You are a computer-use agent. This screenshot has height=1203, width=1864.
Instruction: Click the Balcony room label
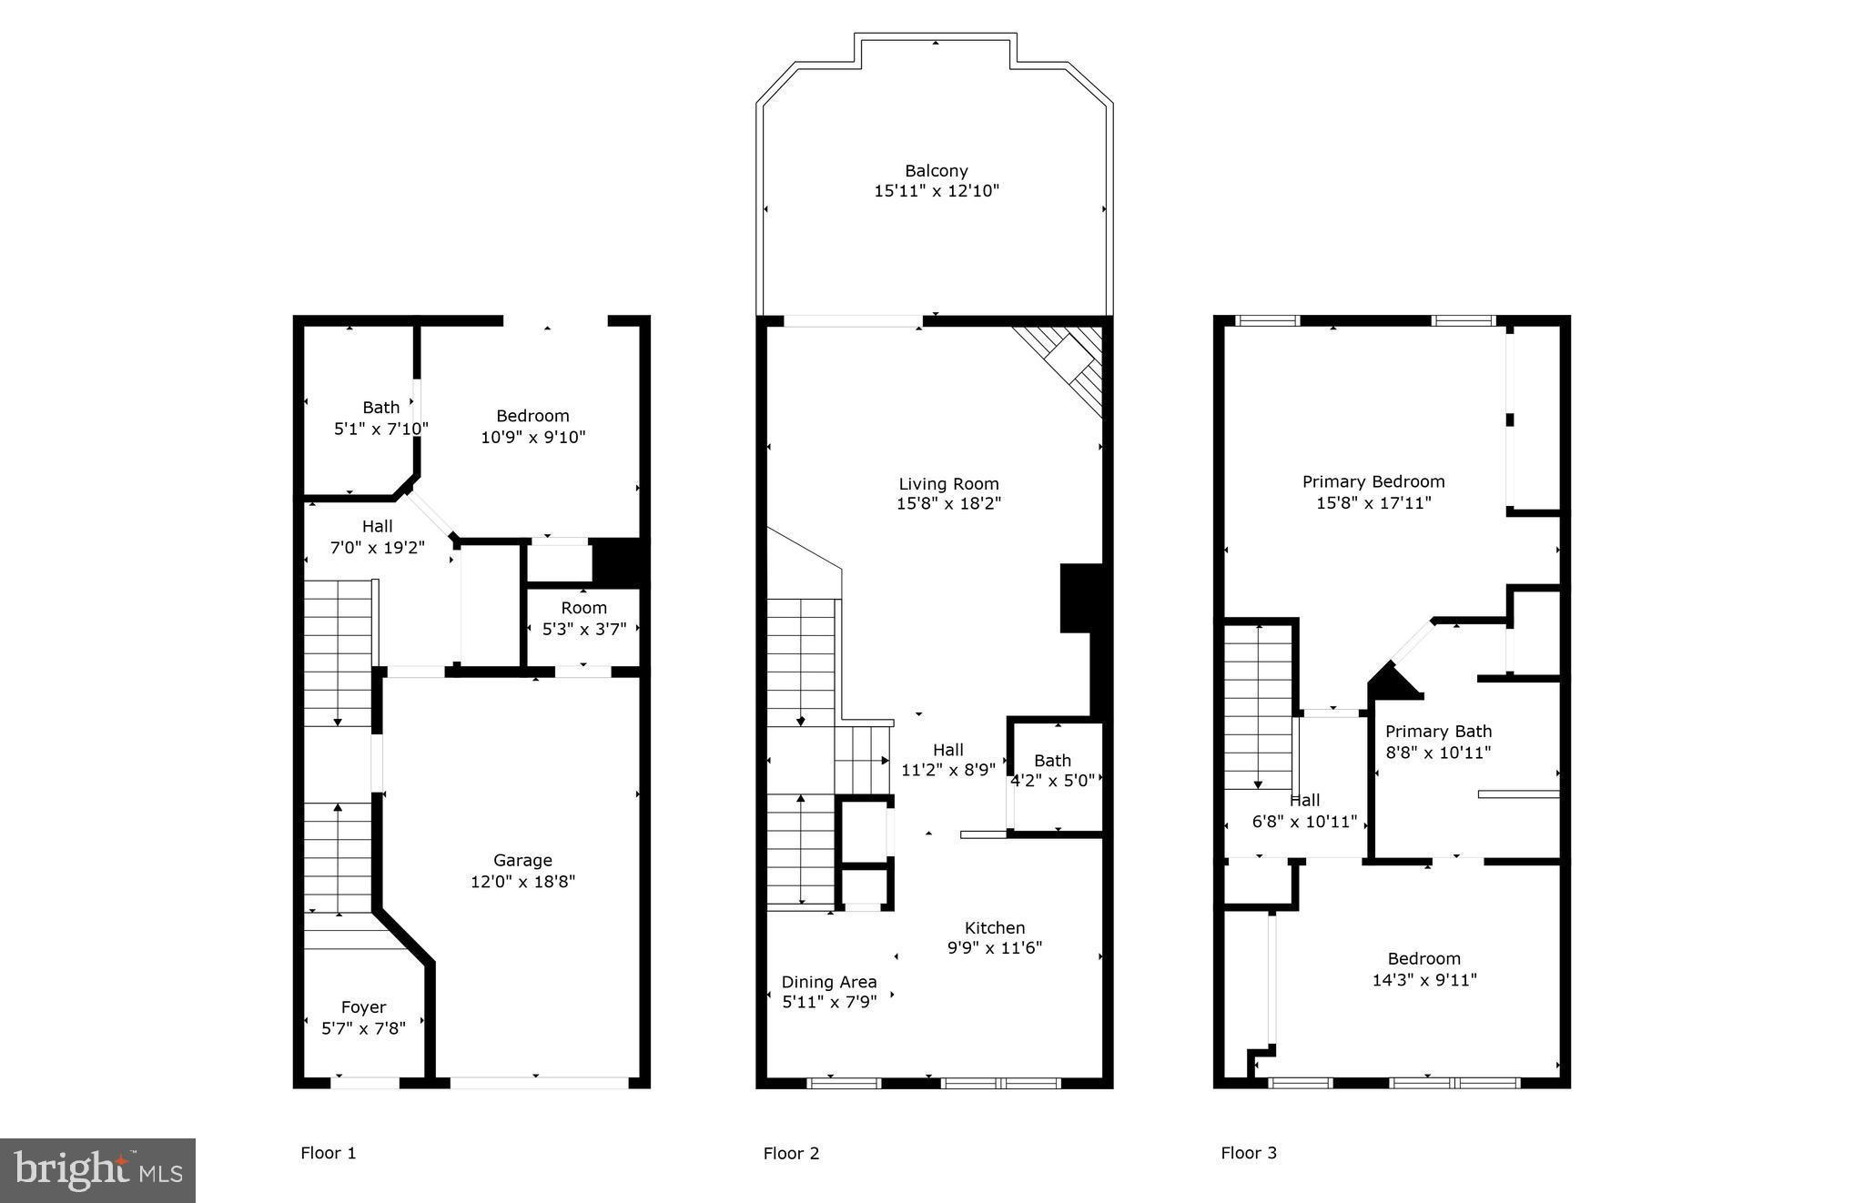(936, 171)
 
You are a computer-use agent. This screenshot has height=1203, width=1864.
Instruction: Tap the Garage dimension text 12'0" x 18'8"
(522, 882)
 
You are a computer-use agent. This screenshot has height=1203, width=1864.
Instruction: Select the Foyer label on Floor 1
(363, 1007)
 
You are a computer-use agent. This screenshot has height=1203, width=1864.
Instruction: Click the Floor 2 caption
(791, 1154)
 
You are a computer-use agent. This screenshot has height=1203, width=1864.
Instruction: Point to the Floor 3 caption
(1249, 1154)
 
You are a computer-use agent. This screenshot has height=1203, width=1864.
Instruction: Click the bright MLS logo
(97, 1170)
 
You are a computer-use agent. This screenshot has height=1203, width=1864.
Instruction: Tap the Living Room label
(948, 484)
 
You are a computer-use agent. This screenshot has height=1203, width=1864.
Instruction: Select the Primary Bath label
(1438, 732)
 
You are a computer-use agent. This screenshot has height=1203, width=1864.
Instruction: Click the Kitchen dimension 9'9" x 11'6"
(994, 948)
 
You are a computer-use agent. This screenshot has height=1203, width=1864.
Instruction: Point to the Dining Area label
(829, 982)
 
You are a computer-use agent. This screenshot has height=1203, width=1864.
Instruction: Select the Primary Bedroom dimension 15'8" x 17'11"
(1373, 503)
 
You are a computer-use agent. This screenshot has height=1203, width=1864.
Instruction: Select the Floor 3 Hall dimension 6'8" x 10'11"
(1304, 822)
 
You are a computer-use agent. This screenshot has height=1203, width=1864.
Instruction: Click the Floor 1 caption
(328, 1154)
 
